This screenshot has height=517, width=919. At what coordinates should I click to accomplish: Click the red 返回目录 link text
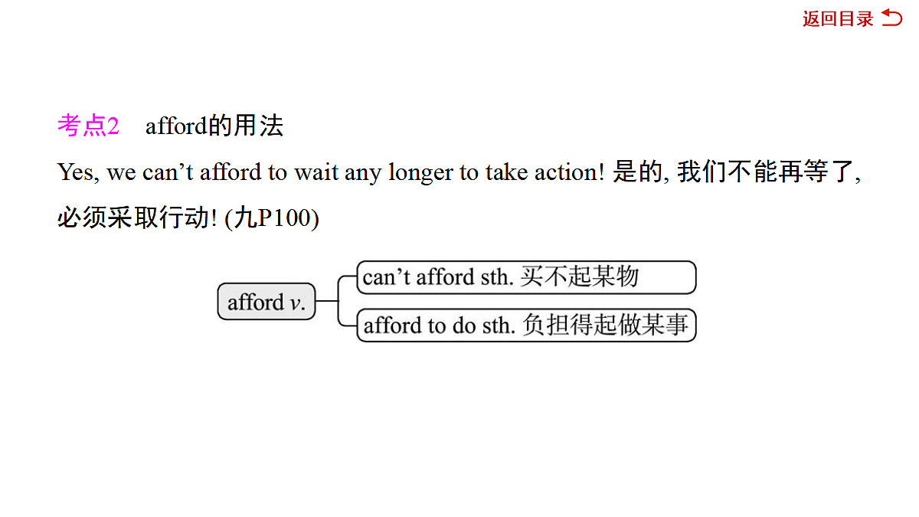[838, 19]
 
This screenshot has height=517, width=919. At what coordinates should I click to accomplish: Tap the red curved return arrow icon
[892, 18]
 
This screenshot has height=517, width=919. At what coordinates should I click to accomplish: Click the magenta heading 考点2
[88, 126]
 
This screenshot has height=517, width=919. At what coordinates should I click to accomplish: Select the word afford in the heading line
[176, 126]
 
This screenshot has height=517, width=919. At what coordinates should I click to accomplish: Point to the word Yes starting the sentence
[78, 172]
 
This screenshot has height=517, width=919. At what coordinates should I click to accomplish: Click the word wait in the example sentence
[316, 172]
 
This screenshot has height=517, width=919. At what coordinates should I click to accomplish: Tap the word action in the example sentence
[569, 172]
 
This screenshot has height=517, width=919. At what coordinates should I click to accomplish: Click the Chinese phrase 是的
[638, 172]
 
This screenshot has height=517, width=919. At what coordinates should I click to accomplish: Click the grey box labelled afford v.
[267, 301]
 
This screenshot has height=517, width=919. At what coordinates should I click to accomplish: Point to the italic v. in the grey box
[297, 303]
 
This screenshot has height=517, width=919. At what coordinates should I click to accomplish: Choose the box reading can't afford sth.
[526, 277]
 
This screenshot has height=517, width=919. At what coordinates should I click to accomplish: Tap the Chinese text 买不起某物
[579, 276]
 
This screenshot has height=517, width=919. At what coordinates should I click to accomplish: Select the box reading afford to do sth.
[526, 325]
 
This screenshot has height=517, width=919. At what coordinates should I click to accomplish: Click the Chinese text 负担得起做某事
[605, 325]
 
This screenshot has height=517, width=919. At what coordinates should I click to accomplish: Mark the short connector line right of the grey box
[327, 301]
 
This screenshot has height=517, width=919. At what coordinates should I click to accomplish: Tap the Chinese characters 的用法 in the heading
[245, 126]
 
